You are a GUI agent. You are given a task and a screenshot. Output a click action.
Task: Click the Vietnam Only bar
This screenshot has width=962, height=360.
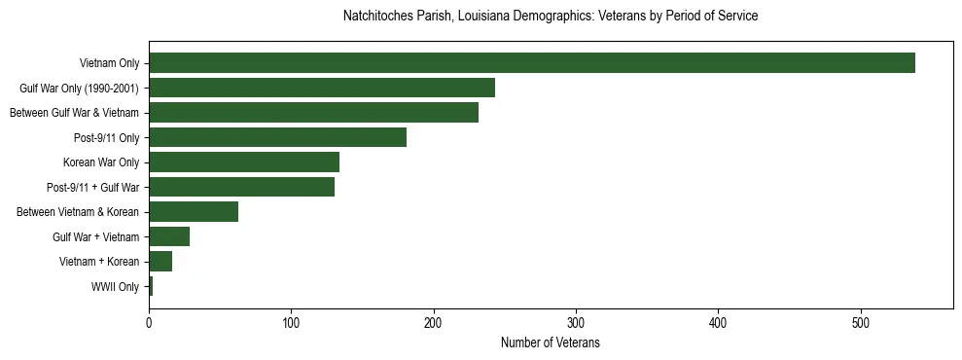click(x=531, y=63)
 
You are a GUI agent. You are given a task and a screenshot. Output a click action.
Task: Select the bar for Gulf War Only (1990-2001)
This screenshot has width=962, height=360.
click(x=321, y=88)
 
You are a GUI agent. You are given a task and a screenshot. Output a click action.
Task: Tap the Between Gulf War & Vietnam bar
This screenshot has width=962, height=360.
click(x=313, y=113)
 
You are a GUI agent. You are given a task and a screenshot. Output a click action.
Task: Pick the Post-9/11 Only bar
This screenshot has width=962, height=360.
click(x=277, y=137)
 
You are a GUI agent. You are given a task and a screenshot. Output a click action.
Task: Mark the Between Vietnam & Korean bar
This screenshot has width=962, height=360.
click(x=193, y=212)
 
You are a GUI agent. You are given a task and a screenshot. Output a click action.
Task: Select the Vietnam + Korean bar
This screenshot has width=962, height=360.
click(x=160, y=262)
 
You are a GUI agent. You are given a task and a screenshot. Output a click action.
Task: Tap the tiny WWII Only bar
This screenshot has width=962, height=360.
click(x=151, y=286)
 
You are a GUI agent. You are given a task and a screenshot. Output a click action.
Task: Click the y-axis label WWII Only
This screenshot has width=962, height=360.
click(x=115, y=287)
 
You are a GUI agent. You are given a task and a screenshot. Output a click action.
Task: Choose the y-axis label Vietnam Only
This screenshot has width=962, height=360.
click(x=109, y=63)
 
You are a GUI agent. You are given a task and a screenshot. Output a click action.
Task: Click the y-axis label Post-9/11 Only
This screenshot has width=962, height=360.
click(x=106, y=138)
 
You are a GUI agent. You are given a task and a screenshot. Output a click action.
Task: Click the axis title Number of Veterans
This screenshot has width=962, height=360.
click(x=550, y=342)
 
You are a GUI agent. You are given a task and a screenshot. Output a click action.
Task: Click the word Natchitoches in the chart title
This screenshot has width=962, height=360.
click(x=376, y=17)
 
